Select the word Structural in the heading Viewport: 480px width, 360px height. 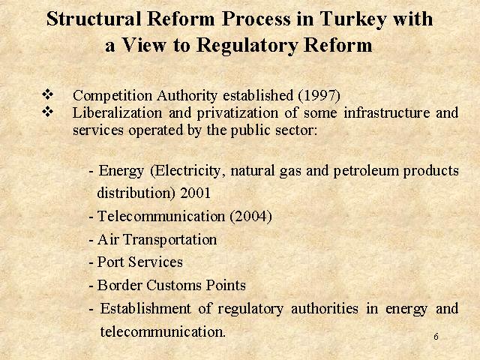[x=94, y=19]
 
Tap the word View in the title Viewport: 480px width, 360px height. [x=143, y=45]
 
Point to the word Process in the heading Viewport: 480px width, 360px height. [x=256, y=19]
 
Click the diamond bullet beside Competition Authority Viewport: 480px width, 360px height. [x=47, y=94]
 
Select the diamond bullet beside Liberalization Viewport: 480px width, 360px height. [x=47, y=112]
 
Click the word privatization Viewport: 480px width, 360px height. [x=237, y=113]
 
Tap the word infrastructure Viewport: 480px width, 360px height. [x=387, y=112]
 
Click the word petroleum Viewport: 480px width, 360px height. [x=366, y=171]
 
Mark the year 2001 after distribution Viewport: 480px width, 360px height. [x=195, y=193]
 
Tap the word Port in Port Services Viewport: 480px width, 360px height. [x=110, y=262]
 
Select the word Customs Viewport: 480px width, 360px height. [x=174, y=285]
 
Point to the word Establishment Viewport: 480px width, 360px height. [x=145, y=308]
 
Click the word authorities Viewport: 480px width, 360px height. [x=325, y=308]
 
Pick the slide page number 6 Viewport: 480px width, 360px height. [x=436, y=337]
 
